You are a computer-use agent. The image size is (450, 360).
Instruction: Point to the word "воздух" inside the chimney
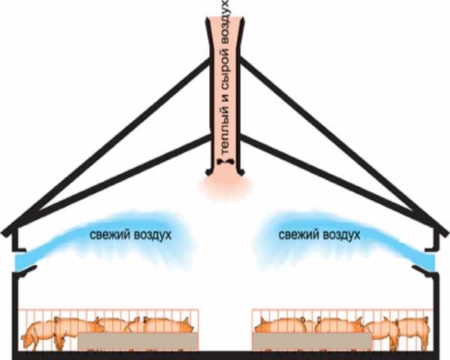click(225, 25)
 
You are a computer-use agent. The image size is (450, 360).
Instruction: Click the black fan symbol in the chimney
click(223, 161)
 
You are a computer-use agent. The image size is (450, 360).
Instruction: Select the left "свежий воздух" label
click(130, 235)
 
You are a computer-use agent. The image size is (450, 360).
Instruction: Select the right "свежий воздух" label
click(319, 235)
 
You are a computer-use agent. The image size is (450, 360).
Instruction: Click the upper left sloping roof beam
click(112, 142)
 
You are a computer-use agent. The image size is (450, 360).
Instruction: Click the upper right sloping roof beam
click(337, 142)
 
